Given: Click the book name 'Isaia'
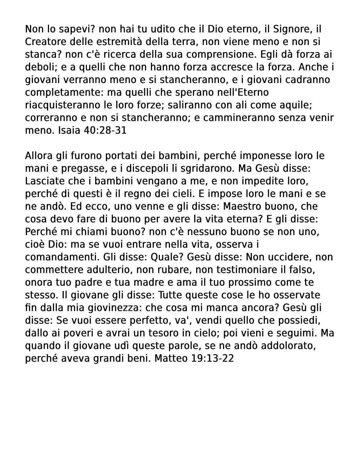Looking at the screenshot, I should pyautogui.click(x=69, y=131).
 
